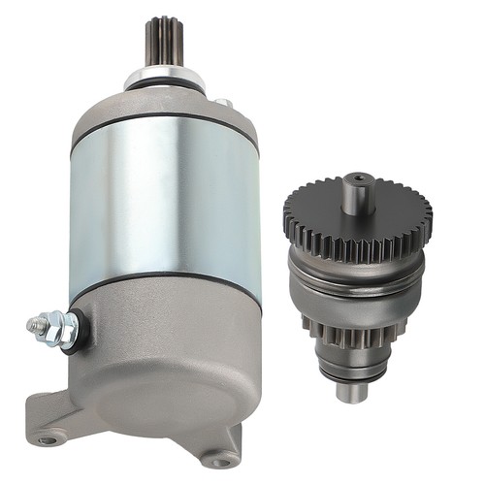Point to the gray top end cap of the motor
tap(165, 109)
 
